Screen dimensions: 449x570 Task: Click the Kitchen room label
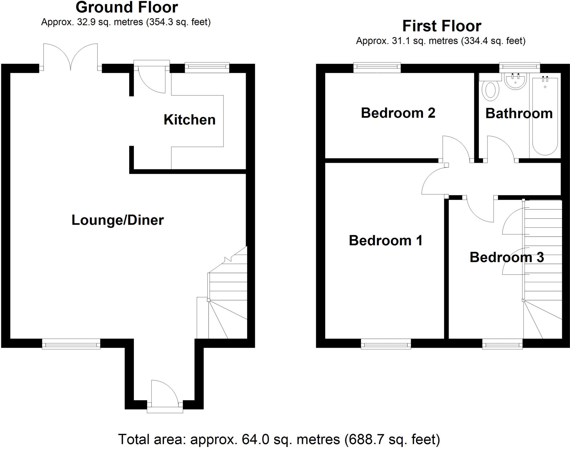point(190,120)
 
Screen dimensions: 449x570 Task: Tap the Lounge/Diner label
point(117,220)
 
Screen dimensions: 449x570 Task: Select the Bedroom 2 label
point(398,113)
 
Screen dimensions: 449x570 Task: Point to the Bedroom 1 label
point(385,241)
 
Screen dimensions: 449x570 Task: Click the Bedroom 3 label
point(507,257)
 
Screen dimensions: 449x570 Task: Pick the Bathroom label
point(519,114)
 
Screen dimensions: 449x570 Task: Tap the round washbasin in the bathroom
point(515,81)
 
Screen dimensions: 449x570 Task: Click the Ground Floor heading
point(127,7)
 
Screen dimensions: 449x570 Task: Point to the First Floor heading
point(442,26)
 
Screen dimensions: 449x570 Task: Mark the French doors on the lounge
point(71,58)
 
